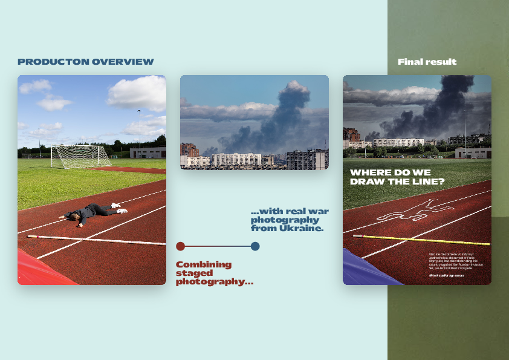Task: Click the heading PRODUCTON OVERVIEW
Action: pyautogui.click(x=86, y=62)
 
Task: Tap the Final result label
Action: pyautogui.click(x=427, y=62)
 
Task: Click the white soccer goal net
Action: pyautogui.click(x=80, y=156)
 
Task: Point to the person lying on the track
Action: pyautogui.click(x=91, y=212)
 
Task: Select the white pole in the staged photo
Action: pyautogui.click(x=97, y=240)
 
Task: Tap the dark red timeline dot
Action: pyautogui.click(x=180, y=246)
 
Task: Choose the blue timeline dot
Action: pyautogui.click(x=255, y=246)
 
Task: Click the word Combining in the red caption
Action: pyautogui.click(x=204, y=264)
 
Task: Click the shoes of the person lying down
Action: pyautogui.click(x=122, y=209)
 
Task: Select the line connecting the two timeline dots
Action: pyautogui.click(x=218, y=246)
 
